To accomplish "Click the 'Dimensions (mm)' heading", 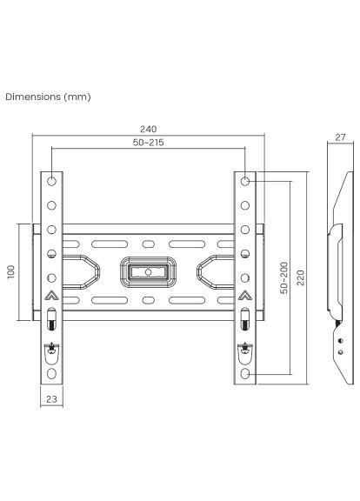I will click(47, 97).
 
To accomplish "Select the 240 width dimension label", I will click(149, 129).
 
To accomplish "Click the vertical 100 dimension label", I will click(11, 271).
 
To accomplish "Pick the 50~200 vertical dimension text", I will click(284, 277).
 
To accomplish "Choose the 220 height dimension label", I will click(300, 277).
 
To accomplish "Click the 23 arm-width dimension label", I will click(51, 401).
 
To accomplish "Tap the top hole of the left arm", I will click(51, 182).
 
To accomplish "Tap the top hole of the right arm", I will click(246, 182).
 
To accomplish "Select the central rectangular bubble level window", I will click(149, 272).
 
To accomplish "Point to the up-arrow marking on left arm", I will click(51, 295).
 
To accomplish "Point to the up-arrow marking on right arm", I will click(246, 295).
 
